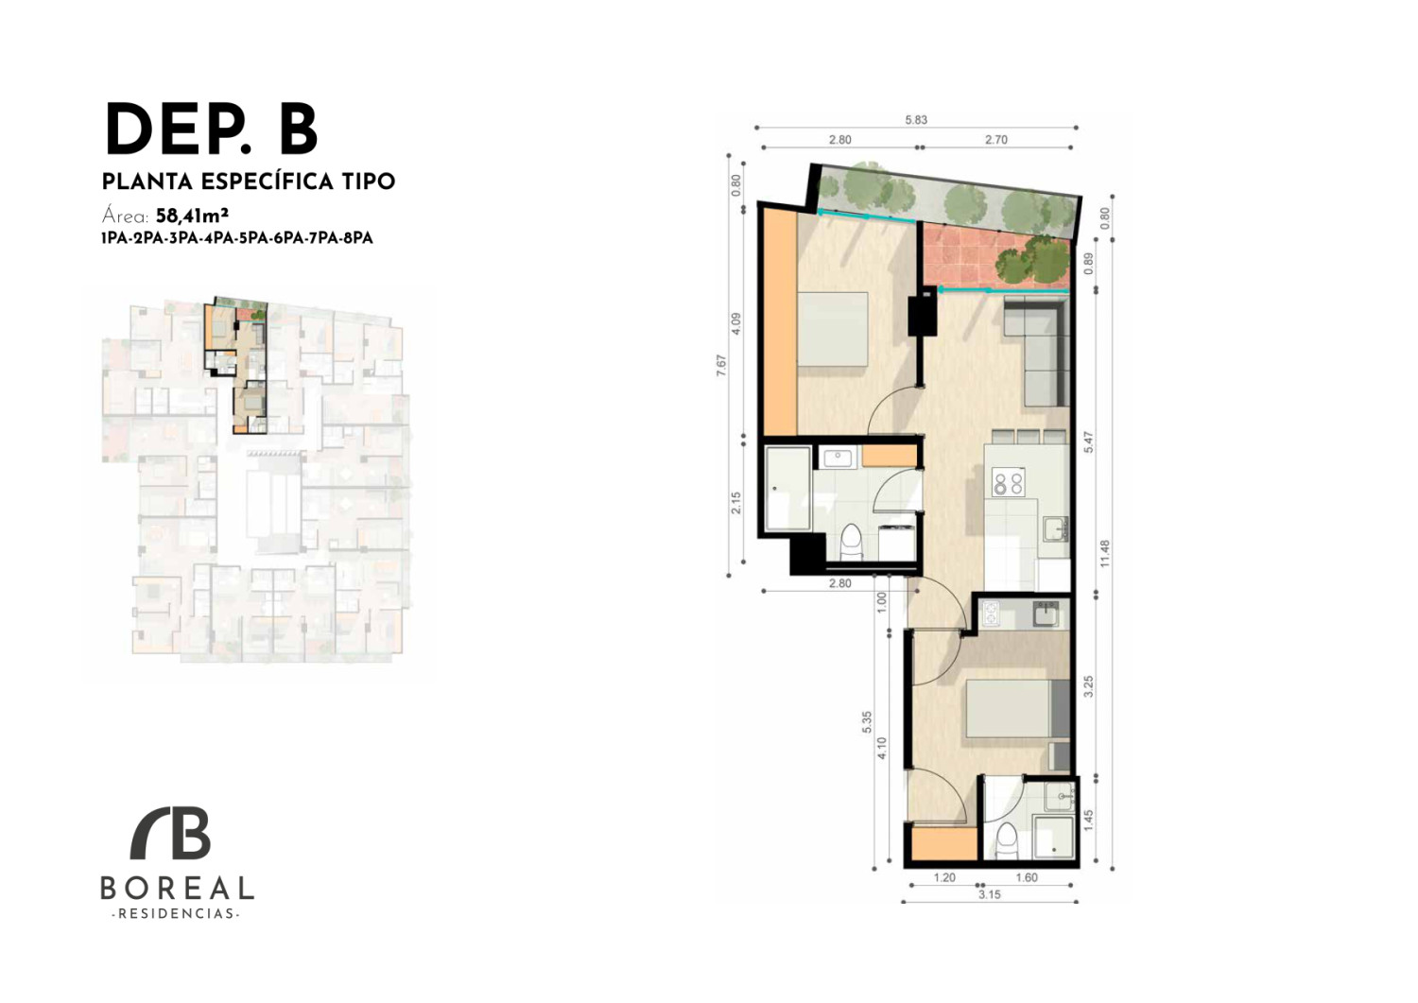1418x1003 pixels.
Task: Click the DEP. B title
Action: click(212, 130)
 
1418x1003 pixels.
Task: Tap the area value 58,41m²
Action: click(192, 216)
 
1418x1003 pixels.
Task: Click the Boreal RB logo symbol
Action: click(170, 833)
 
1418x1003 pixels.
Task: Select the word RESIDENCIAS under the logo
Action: click(175, 914)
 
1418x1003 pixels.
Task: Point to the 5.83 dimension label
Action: click(916, 120)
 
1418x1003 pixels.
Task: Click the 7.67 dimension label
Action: click(721, 366)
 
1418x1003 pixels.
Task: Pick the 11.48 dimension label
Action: click(1105, 553)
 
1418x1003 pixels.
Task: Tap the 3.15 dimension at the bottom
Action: click(990, 894)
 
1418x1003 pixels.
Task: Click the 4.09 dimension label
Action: click(735, 323)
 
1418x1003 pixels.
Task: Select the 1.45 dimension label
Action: click(1088, 821)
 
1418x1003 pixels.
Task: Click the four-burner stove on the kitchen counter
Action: click(1009, 480)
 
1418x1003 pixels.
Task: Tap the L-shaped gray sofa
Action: click(1037, 353)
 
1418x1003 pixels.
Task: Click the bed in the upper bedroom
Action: click(832, 329)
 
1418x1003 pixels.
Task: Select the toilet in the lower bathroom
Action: click(1006, 841)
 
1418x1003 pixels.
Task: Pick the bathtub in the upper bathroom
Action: click(788, 488)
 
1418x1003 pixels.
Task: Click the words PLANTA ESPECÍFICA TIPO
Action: click(249, 182)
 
